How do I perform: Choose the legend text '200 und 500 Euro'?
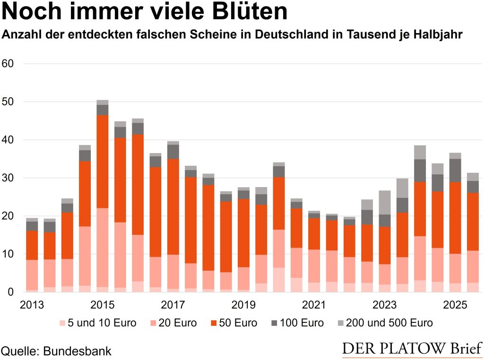[x=389, y=323]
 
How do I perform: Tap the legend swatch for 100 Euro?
[x=275, y=323]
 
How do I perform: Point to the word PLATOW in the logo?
[x=408, y=348]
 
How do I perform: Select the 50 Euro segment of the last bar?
[x=473, y=222]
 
